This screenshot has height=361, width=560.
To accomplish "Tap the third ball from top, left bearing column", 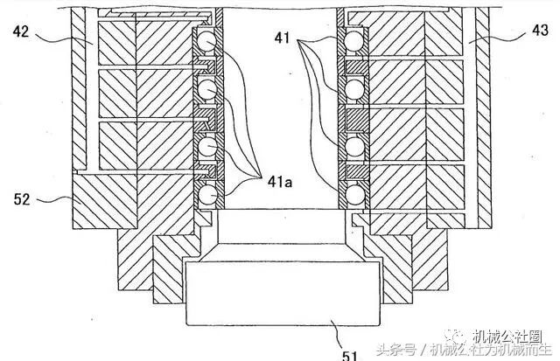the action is (x=207, y=148).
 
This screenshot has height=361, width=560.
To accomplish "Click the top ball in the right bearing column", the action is (x=356, y=40).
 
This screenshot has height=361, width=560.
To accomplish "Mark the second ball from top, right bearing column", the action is (x=356, y=89).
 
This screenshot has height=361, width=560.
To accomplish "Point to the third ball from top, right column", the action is (x=356, y=145).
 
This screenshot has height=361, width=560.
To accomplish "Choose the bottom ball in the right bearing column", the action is (x=356, y=193).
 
